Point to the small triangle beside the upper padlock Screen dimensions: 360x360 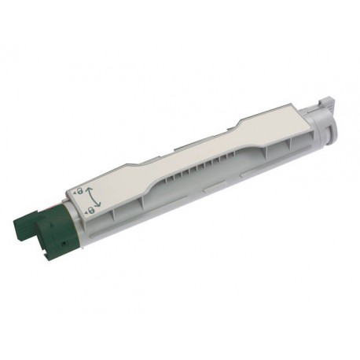pyautogui.click(x=75, y=192)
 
